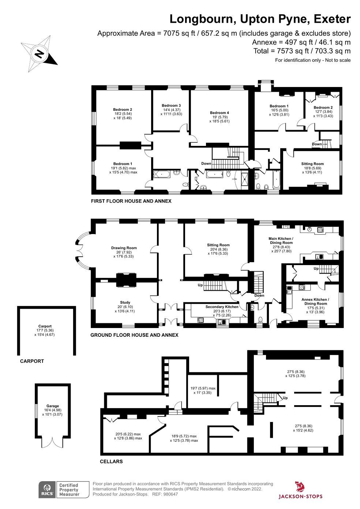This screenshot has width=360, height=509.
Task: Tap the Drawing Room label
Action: tap(124, 248)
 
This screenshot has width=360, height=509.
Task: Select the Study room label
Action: tap(125, 302)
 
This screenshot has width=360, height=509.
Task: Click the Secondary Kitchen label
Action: tap(222, 307)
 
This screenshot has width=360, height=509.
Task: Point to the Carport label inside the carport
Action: tap(45, 326)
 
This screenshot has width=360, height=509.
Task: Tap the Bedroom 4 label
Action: tap(220, 113)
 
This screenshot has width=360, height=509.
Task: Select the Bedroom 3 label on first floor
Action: tap(171, 105)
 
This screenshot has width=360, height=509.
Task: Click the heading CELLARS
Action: tap(111, 461)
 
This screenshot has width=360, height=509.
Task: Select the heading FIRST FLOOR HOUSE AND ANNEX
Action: tap(131, 201)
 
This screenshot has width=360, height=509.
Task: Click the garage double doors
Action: tap(52, 442)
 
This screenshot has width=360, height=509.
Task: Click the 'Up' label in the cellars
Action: tap(285, 398)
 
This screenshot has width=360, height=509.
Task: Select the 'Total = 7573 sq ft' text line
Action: tap(302, 51)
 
